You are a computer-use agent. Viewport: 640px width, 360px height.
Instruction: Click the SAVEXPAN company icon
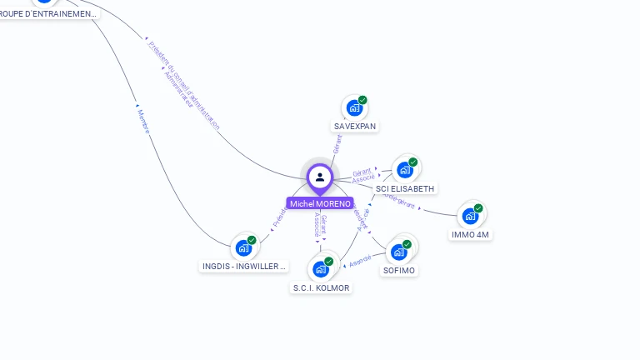(x=354, y=108)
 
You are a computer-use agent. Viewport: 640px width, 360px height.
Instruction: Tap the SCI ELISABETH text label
(x=405, y=189)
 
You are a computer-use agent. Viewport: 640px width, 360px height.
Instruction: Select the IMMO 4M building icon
(x=470, y=217)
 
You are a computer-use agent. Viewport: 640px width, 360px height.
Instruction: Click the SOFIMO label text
(x=399, y=270)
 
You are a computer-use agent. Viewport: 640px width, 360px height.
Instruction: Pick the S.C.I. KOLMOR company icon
(x=320, y=269)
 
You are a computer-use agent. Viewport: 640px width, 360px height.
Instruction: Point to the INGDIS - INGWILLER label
(x=244, y=267)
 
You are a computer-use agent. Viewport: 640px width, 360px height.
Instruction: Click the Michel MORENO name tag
(x=320, y=203)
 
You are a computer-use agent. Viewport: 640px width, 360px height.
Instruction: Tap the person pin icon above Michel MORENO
(x=320, y=177)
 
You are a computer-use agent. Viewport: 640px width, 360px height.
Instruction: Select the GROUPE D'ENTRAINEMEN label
(x=48, y=13)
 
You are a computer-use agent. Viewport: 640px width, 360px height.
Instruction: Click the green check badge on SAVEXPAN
(x=362, y=100)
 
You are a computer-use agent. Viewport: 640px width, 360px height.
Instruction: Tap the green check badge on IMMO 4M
(x=478, y=208)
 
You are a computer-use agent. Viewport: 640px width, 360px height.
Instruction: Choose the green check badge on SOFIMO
(x=407, y=244)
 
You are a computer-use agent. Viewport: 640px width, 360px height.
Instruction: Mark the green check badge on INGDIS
(x=252, y=240)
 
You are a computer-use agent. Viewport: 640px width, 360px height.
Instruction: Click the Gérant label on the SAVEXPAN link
(x=337, y=144)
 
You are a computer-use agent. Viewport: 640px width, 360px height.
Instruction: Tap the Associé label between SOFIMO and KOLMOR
(x=360, y=262)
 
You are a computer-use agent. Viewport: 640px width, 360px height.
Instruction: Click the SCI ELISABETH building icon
(x=404, y=170)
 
